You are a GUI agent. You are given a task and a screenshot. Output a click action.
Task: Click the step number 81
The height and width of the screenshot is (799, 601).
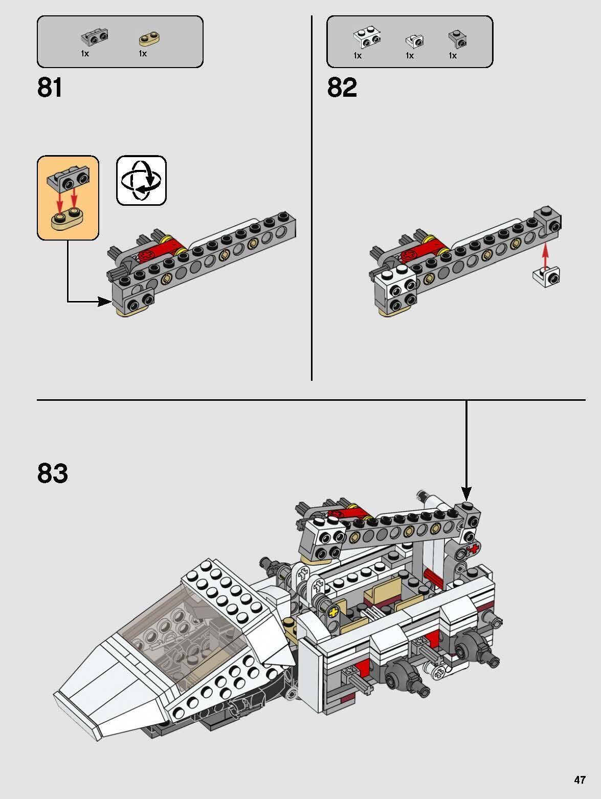click(x=50, y=88)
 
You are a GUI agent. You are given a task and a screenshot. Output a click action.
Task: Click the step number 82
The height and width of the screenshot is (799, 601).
click(x=342, y=88)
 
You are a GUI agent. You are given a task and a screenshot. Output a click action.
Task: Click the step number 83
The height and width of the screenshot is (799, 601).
click(x=52, y=473)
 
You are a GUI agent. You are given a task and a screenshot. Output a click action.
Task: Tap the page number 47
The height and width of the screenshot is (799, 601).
click(x=579, y=780)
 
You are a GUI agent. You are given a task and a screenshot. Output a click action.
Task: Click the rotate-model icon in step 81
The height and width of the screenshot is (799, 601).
click(x=141, y=181)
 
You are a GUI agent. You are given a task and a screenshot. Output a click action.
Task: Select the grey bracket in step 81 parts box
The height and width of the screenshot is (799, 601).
click(x=95, y=36)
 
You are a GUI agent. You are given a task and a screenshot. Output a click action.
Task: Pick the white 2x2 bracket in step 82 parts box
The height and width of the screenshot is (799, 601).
click(x=367, y=38)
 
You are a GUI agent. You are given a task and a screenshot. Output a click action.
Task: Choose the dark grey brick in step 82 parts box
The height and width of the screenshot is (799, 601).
click(x=457, y=38)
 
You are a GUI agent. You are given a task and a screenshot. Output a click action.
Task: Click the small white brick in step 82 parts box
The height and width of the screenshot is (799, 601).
click(x=414, y=40)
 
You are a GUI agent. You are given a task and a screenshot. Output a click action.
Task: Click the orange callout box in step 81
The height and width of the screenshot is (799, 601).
click(x=68, y=198)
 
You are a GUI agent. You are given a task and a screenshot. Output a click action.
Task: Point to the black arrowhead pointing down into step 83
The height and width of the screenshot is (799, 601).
click(x=466, y=493)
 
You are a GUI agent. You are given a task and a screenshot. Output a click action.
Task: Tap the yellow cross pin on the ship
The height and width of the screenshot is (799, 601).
click(x=335, y=612)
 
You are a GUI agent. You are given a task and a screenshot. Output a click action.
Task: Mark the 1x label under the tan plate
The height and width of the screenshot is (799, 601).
click(x=143, y=54)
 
